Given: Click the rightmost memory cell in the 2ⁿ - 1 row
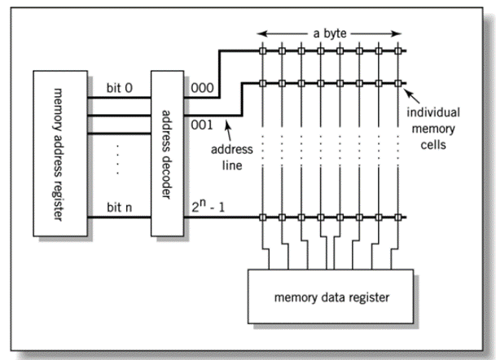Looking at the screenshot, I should [400, 217].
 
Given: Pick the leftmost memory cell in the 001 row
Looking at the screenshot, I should [263, 81].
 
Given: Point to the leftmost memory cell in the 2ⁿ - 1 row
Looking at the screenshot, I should [263, 217].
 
